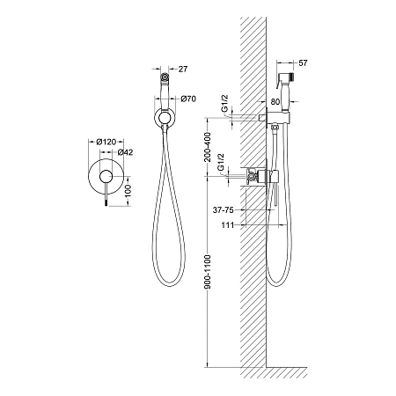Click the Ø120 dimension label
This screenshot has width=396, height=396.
coord(106,142)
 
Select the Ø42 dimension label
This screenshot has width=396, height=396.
coord(125,152)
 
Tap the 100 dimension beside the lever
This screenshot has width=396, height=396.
coord(128,191)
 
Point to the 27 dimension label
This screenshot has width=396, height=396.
coord(183,69)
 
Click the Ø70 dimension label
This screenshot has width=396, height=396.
coord(188,99)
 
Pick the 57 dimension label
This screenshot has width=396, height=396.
coord(303,62)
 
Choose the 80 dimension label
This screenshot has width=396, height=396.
coord(275,102)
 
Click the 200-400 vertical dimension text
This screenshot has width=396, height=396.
coord(208,147)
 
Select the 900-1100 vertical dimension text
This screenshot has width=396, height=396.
coord(208,272)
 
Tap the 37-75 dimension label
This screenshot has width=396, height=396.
coord(224,210)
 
